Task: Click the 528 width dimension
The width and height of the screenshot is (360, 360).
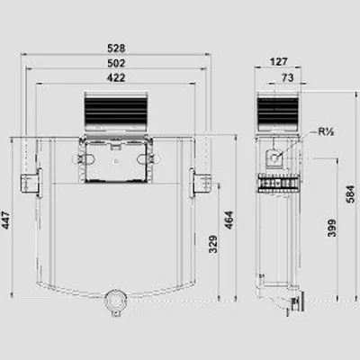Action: click(116, 48)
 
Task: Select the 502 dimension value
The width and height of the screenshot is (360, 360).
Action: click(116, 63)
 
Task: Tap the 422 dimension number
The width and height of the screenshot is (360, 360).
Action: click(116, 77)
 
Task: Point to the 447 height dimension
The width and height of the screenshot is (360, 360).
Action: click(6, 220)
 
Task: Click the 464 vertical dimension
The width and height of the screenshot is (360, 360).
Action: click(229, 220)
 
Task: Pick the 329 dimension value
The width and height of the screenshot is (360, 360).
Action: click(213, 244)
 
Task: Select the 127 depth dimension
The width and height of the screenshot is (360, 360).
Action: click(279, 62)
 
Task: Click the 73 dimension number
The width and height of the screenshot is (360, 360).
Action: click(287, 77)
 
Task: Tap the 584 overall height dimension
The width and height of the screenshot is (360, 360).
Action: click(350, 194)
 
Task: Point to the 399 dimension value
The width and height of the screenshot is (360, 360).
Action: click(332, 228)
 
